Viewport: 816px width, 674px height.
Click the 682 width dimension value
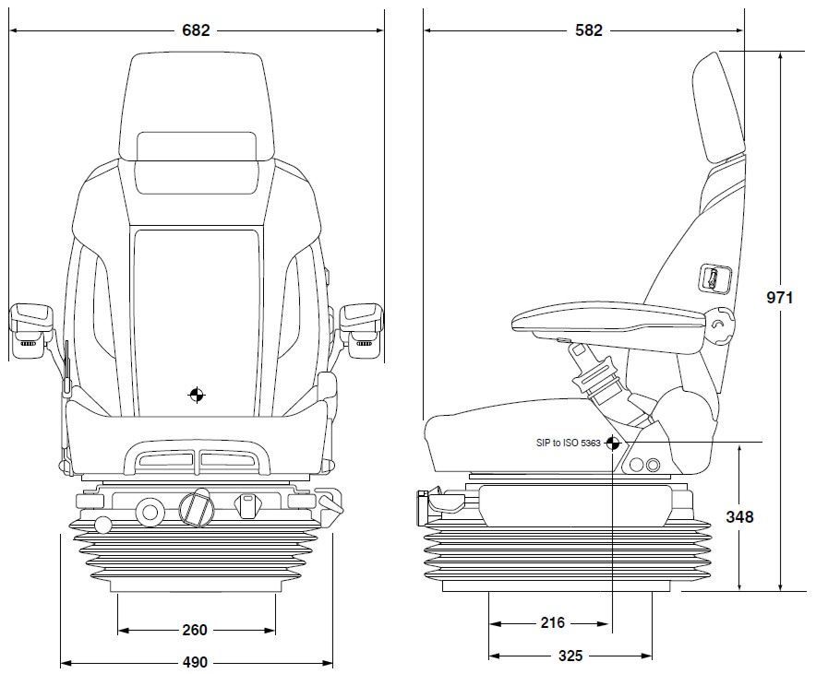[196, 30]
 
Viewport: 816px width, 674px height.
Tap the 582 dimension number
[589, 30]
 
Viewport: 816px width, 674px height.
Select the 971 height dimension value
[780, 297]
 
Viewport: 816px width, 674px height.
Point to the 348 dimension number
[739, 516]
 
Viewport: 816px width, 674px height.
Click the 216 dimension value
[552, 622]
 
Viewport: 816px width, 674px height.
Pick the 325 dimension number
[570, 656]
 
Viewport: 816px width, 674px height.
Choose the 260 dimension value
[195, 630]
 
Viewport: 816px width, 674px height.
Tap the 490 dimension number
[195, 663]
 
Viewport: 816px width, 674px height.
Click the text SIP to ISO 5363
[569, 443]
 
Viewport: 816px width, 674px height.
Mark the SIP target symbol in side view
[613, 443]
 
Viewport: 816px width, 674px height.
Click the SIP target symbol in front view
[197, 395]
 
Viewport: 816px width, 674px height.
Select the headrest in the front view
[197, 106]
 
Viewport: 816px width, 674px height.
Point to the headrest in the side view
[718, 107]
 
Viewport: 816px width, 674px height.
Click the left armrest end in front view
[31, 331]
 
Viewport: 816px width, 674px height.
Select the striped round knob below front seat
[195, 508]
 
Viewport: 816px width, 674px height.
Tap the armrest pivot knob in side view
[720, 325]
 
